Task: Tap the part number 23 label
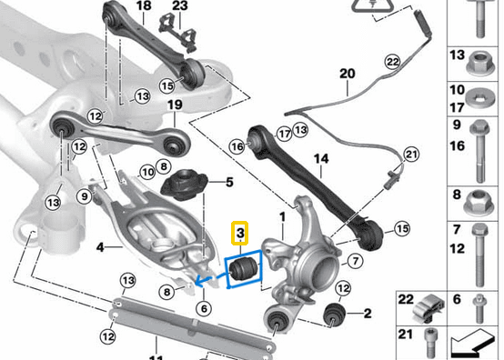179,6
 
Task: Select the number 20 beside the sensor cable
346,73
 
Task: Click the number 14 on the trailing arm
319,158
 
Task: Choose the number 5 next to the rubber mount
229,182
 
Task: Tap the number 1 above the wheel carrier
283,216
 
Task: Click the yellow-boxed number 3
240,234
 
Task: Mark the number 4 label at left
99,245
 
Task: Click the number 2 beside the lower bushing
367,315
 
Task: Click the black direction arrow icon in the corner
478,345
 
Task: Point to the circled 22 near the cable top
392,62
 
